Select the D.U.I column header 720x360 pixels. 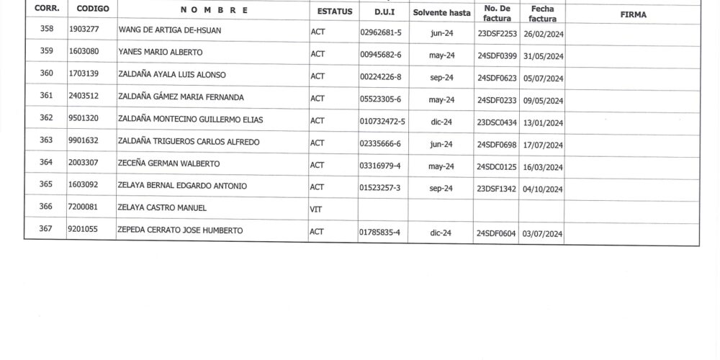[x=384, y=12]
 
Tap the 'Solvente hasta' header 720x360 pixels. [x=441, y=13]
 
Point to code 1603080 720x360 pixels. [x=84, y=52]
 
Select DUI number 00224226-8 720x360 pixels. [x=380, y=77]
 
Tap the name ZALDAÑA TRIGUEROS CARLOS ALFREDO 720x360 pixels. [x=189, y=142]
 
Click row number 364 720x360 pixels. [x=46, y=163]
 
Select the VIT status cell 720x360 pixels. [x=316, y=209]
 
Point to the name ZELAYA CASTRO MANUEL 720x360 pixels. [x=162, y=208]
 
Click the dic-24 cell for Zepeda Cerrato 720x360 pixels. [x=441, y=233]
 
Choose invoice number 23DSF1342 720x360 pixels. [x=497, y=189]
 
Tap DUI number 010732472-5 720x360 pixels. [x=382, y=121]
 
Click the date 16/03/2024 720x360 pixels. [x=542, y=167]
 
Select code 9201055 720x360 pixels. [x=84, y=230]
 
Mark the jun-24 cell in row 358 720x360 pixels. [x=441, y=32]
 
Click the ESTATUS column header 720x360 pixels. [x=335, y=12]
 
